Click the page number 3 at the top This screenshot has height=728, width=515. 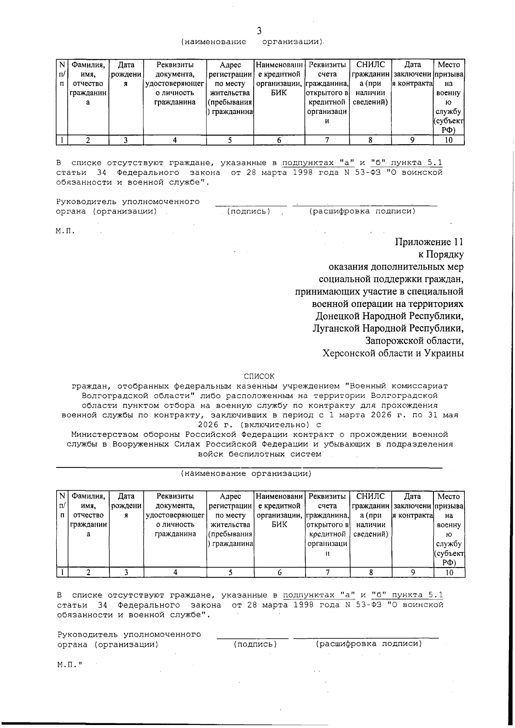(x=259, y=30)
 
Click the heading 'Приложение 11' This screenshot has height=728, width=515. (x=429, y=242)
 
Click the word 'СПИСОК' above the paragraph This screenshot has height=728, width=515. (x=259, y=376)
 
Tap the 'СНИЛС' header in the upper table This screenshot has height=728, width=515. (x=370, y=65)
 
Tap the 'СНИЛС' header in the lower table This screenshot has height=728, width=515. (x=370, y=497)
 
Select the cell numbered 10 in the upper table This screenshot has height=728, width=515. (x=448, y=140)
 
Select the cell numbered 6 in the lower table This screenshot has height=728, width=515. (x=279, y=572)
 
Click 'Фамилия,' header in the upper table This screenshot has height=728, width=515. (x=88, y=65)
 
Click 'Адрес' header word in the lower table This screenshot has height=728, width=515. (x=230, y=497)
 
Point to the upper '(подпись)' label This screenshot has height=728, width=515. (x=248, y=211)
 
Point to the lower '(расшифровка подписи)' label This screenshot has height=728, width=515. (x=369, y=644)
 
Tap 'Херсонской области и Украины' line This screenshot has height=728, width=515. (x=393, y=353)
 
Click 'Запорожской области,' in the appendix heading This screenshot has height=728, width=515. (x=414, y=341)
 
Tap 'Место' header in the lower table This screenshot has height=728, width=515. (x=448, y=497)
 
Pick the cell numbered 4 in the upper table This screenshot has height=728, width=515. (x=175, y=140)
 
